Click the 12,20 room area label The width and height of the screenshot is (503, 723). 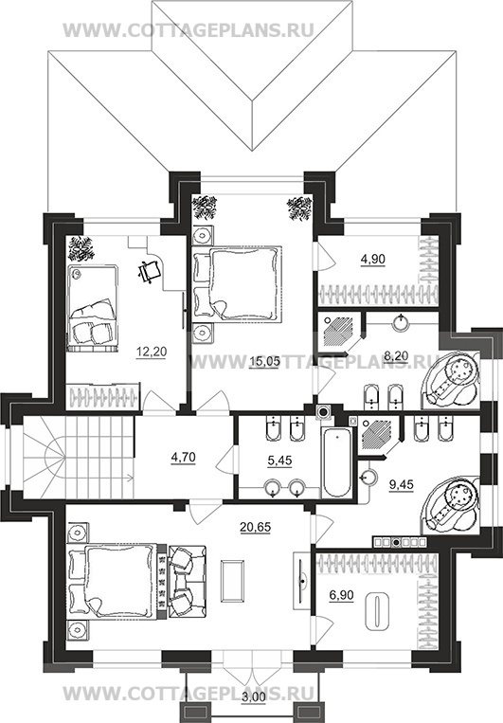pos(152,352)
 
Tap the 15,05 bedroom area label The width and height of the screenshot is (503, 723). pos(263,362)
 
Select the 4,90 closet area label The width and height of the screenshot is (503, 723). pos(372,260)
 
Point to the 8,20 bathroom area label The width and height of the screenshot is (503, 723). pos(396,355)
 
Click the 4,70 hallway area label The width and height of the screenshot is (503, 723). pos(183,458)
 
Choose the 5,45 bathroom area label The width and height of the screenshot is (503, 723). pos(279,461)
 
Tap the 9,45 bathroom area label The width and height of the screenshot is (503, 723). pos(401,484)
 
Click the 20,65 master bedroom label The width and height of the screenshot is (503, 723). pos(256,527)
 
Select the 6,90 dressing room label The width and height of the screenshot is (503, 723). pos(342,595)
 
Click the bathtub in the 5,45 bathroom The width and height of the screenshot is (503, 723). pos(336,461)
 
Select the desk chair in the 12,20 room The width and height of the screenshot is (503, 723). pos(150,270)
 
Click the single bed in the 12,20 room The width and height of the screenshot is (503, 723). pos(92,308)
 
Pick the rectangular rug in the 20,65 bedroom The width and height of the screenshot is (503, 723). pos(232,580)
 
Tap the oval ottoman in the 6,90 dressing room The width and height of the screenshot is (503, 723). pos(377,611)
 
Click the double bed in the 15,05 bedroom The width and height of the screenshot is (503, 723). pos(237,282)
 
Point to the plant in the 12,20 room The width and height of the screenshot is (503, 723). pos(81,249)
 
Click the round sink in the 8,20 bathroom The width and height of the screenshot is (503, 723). pos(402,321)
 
